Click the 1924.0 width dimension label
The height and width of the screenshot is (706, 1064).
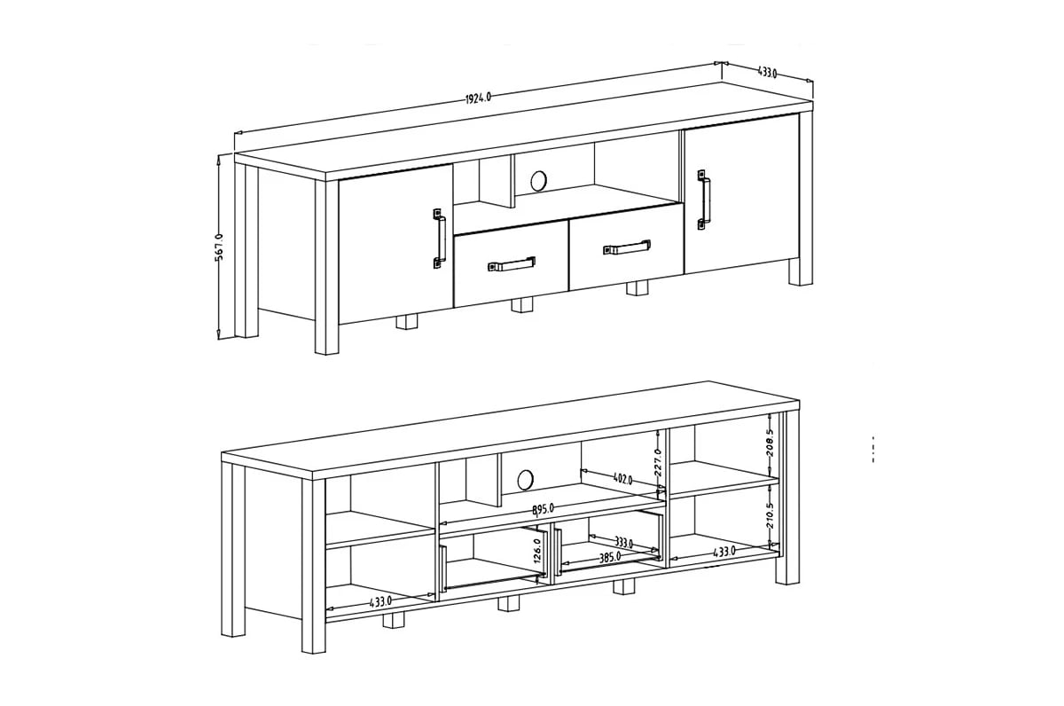pos(478,98)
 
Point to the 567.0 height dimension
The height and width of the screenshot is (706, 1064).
pos(219,247)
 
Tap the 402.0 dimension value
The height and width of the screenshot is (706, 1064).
pos(622,479)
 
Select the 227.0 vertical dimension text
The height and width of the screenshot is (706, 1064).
pos(657,461)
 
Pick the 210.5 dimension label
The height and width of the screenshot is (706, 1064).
pos(770,515)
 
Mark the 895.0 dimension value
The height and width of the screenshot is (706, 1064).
pos(543,508)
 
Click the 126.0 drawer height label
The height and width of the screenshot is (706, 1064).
pos(536,553)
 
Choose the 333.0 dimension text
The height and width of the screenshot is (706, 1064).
pos(622,544)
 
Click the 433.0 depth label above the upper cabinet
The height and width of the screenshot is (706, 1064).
pos(768,73)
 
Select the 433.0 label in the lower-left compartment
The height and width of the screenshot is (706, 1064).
pos(381,602)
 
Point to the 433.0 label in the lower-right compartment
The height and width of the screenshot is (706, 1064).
pos(724,552)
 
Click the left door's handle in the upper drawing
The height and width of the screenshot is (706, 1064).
pos(439,238)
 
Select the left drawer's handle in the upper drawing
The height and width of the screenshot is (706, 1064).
pos(511,263)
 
